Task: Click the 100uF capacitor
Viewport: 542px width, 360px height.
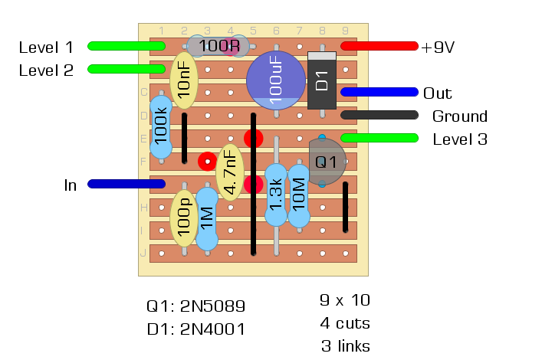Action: [276, 80]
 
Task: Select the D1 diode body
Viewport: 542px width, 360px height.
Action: [322, 80]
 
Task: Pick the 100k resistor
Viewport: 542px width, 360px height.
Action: [161, 127]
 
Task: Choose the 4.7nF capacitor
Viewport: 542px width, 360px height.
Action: [229, 173]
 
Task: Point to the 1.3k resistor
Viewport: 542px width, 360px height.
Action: [276, 195]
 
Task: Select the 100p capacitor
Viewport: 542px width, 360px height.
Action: [184, 218]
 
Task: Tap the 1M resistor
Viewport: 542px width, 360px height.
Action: [207, 218]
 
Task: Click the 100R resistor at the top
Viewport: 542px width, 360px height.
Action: [218, 46]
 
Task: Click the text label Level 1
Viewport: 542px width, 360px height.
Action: [46, 47]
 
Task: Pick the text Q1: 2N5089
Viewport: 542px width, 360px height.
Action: [195, 307]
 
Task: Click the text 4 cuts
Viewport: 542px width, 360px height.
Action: [344, 322]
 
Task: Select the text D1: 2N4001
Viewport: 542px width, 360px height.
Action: [195, 331]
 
